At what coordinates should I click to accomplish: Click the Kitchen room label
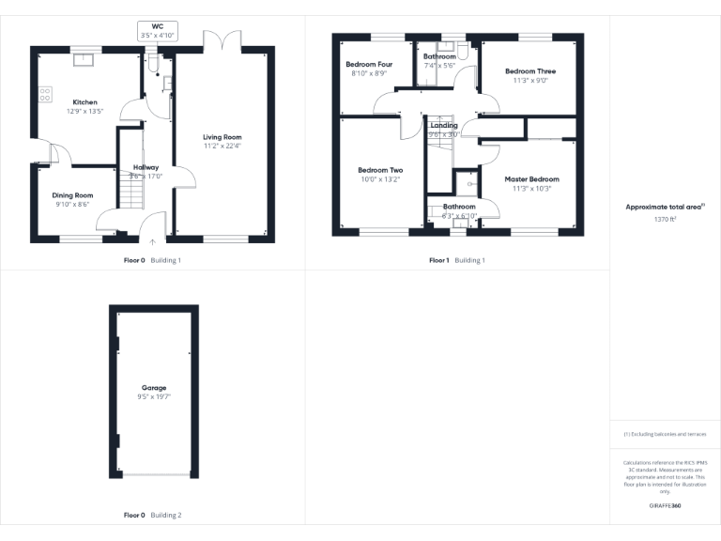[85, 102]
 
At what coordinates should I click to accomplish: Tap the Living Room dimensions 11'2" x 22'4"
[222, 146]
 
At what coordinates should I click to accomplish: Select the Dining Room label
[72, 195]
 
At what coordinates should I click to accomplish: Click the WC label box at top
[158, 29]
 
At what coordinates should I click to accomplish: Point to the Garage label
[154, 387]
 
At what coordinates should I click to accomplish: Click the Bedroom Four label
[363, 64]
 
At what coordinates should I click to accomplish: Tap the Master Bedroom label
[531, 179]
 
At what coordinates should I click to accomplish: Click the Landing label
[443, 125]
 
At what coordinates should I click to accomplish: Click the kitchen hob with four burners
[44, 94]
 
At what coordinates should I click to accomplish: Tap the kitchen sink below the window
[87, 59]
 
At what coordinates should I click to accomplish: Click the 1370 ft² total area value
[665, 219]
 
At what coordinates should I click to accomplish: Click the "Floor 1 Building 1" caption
[457, 260]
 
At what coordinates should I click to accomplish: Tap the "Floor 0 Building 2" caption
[153, 516]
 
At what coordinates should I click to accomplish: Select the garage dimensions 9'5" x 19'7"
[154, 397]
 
